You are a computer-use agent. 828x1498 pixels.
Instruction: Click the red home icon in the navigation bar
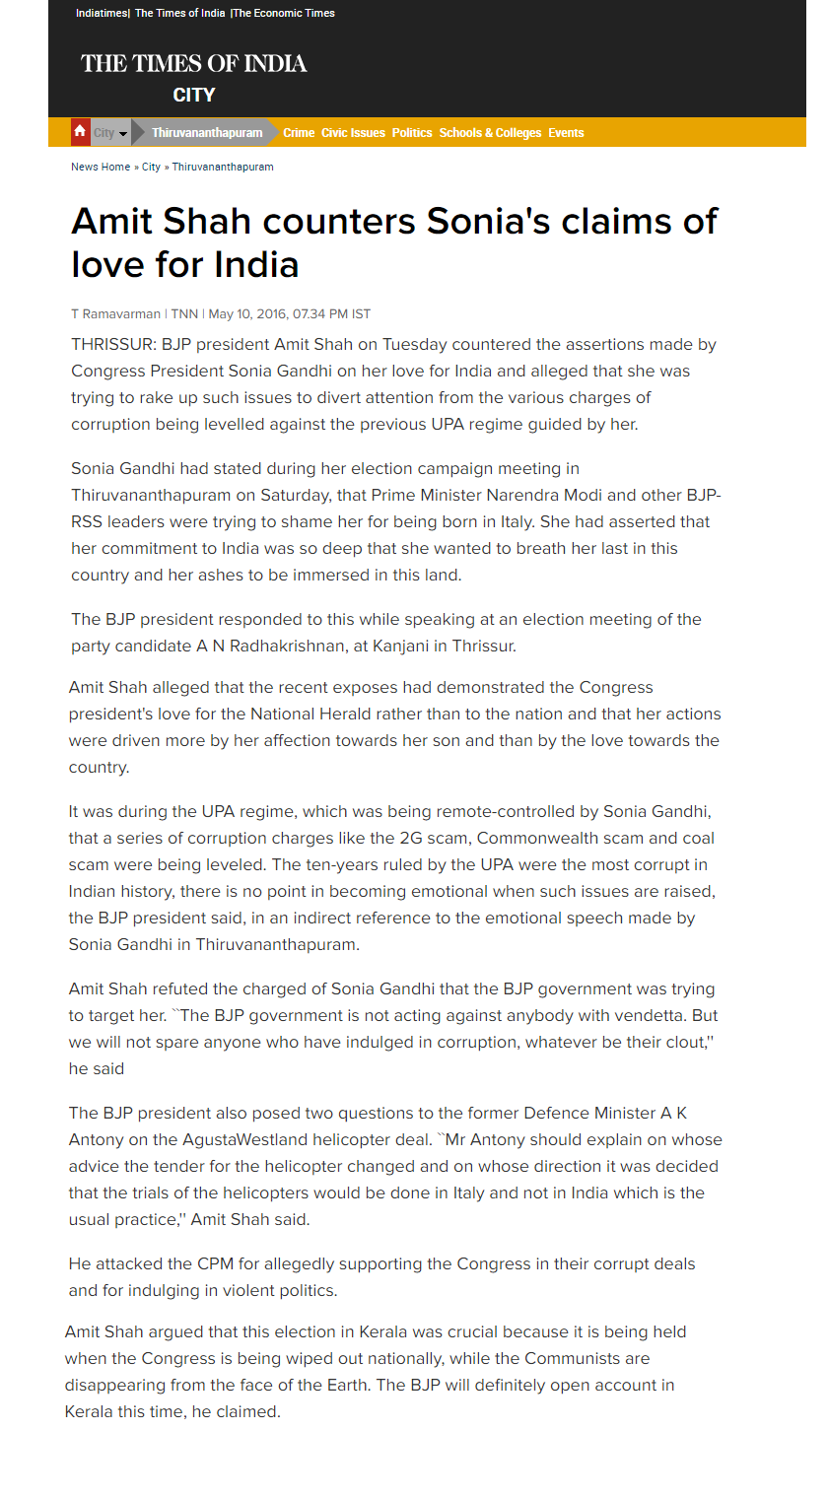tap(80, 132)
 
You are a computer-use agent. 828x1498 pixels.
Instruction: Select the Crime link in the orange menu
tap(299, 133)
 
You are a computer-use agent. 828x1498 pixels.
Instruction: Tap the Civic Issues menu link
tap(353, 133)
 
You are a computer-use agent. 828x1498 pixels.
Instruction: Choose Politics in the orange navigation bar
tap(412, 133)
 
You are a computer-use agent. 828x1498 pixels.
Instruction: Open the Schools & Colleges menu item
tap(490, 133)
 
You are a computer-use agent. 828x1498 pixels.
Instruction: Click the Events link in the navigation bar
tap(566, 133)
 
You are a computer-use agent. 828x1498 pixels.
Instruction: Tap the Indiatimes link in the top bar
tap(102, 13)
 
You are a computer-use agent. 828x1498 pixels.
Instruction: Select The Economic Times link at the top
tap(284, 13)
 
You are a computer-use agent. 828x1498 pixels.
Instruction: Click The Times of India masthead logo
tap(193, 64)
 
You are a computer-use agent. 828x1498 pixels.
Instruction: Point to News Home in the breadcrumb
tap(101, 167)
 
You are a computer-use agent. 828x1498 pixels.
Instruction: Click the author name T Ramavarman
tap(115, 314)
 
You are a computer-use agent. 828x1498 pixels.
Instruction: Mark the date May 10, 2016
tap(246, 314)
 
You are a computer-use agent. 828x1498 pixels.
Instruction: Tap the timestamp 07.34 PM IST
tap(331, 314)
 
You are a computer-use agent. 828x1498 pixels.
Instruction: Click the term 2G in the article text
tap(410, 839)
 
